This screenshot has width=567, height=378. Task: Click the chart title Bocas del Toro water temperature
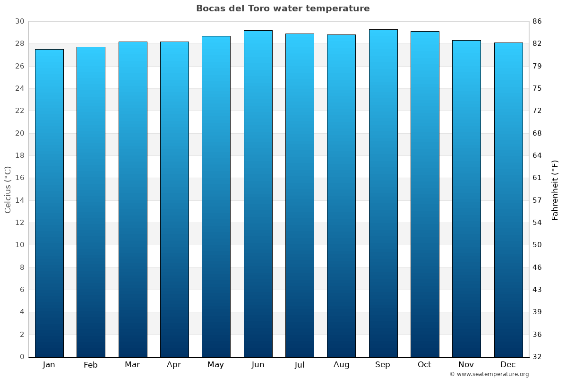tap(283, 9)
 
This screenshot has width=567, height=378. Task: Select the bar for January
tap(49, 203)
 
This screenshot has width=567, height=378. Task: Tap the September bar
tap(383, 193)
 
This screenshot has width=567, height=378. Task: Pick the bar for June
tap(258, 194)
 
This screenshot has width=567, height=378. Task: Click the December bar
tap(508, 200)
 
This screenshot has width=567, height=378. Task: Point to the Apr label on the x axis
tap(174, 365)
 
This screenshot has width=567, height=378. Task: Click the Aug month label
tap(341, 365)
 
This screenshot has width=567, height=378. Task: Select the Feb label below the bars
tap(90, 365)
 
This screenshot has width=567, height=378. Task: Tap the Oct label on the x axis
tap(424, 365)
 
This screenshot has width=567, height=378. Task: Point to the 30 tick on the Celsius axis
tap(19, 21)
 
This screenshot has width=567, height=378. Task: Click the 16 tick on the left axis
tap(19, 178)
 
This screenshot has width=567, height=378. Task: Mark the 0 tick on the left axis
tap(22, 357)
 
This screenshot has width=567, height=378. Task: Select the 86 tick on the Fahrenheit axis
tap(537, 21)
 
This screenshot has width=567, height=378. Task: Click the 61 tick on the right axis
tap(537, 178)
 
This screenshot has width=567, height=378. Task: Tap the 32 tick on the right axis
tap(537, 357)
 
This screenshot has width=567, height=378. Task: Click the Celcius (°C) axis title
tap(8, 189)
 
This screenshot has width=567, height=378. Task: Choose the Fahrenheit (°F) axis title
tap(555, 189)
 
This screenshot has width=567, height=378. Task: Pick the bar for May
tap(216, 197)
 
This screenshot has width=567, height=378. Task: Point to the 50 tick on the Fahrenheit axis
tap(537, 245)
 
